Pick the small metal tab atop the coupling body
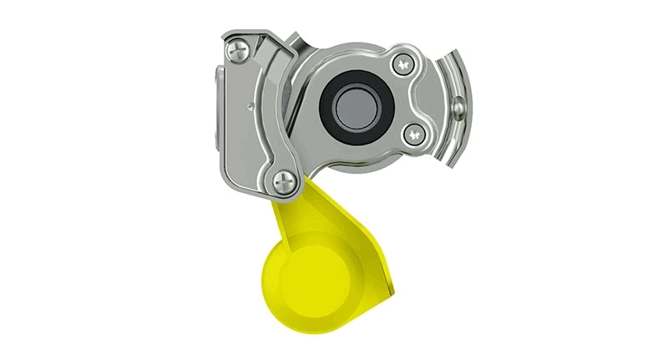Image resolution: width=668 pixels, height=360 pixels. coord(294,38)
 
